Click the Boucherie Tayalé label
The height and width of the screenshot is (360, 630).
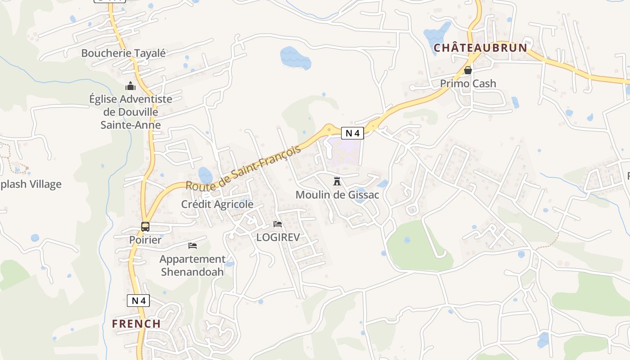[x=123, y=53]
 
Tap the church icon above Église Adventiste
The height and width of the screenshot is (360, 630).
[x=130, y=85]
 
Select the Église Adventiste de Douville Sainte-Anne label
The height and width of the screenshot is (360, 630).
[x=130, y=112]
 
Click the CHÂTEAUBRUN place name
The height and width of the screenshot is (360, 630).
[x=480, y=48]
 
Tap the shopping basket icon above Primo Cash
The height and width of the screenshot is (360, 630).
[x=468, y=70]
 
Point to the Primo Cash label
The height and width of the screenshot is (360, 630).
[x=468, y=83]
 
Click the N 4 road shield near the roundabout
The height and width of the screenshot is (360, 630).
[x=352, y=133]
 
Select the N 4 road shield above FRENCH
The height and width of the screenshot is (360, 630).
[x=138, y=301]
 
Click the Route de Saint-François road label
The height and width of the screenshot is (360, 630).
[x=243, y=168]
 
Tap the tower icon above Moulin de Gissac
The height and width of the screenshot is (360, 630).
[x=337, y=181]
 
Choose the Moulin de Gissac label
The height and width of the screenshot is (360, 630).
[x=337, y=195]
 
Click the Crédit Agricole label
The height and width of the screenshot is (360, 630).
[x=217, y=204]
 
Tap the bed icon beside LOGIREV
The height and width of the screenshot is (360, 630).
[x=278, y=224]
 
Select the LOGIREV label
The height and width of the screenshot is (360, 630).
[x=278, y=237]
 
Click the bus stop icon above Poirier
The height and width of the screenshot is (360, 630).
[x=145, y=227]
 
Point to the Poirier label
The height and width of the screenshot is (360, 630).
[x=145, y=240]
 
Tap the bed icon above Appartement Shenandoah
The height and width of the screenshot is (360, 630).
[x=193, y=245]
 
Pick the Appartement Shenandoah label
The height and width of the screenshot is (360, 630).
[x=193, y=265]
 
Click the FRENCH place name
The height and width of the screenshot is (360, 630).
[x=136, y=324]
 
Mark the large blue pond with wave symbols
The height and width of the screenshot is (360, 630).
[x=295, y=58]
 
